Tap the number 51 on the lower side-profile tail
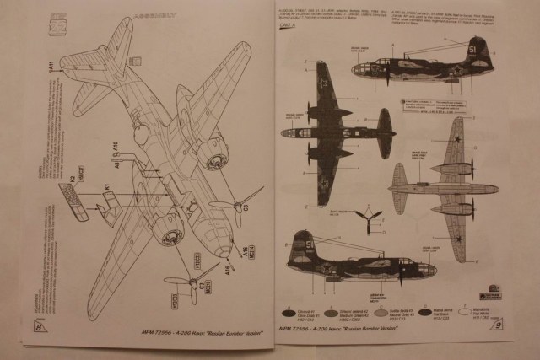pos(309,245)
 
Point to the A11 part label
pos(50,67)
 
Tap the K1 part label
pos(107,186)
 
